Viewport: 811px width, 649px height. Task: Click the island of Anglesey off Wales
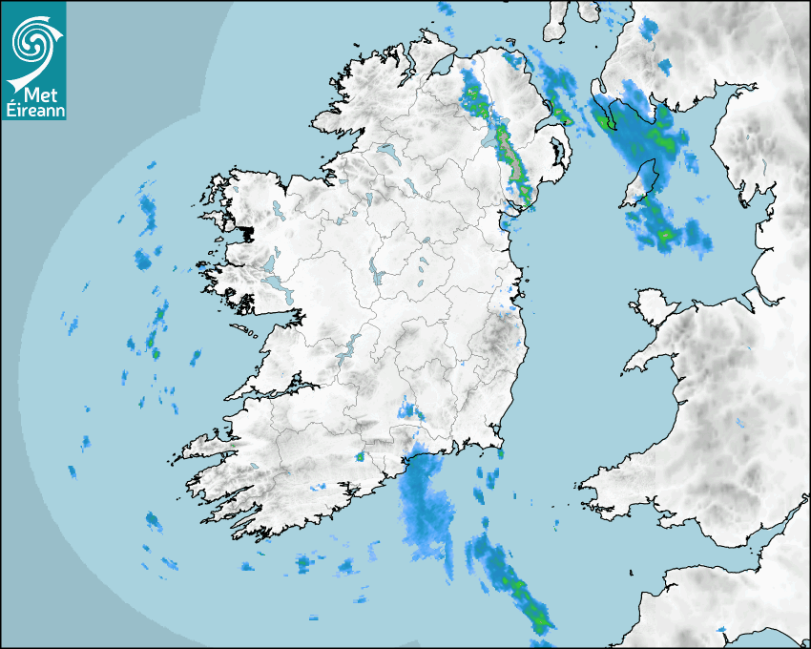653,309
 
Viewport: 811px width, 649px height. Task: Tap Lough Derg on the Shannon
351,345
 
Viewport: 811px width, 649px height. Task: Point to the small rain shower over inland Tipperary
411,411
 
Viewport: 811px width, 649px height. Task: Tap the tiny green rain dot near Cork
361,457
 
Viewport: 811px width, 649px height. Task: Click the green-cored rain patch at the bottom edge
520,592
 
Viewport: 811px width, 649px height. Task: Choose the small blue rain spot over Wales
739,422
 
